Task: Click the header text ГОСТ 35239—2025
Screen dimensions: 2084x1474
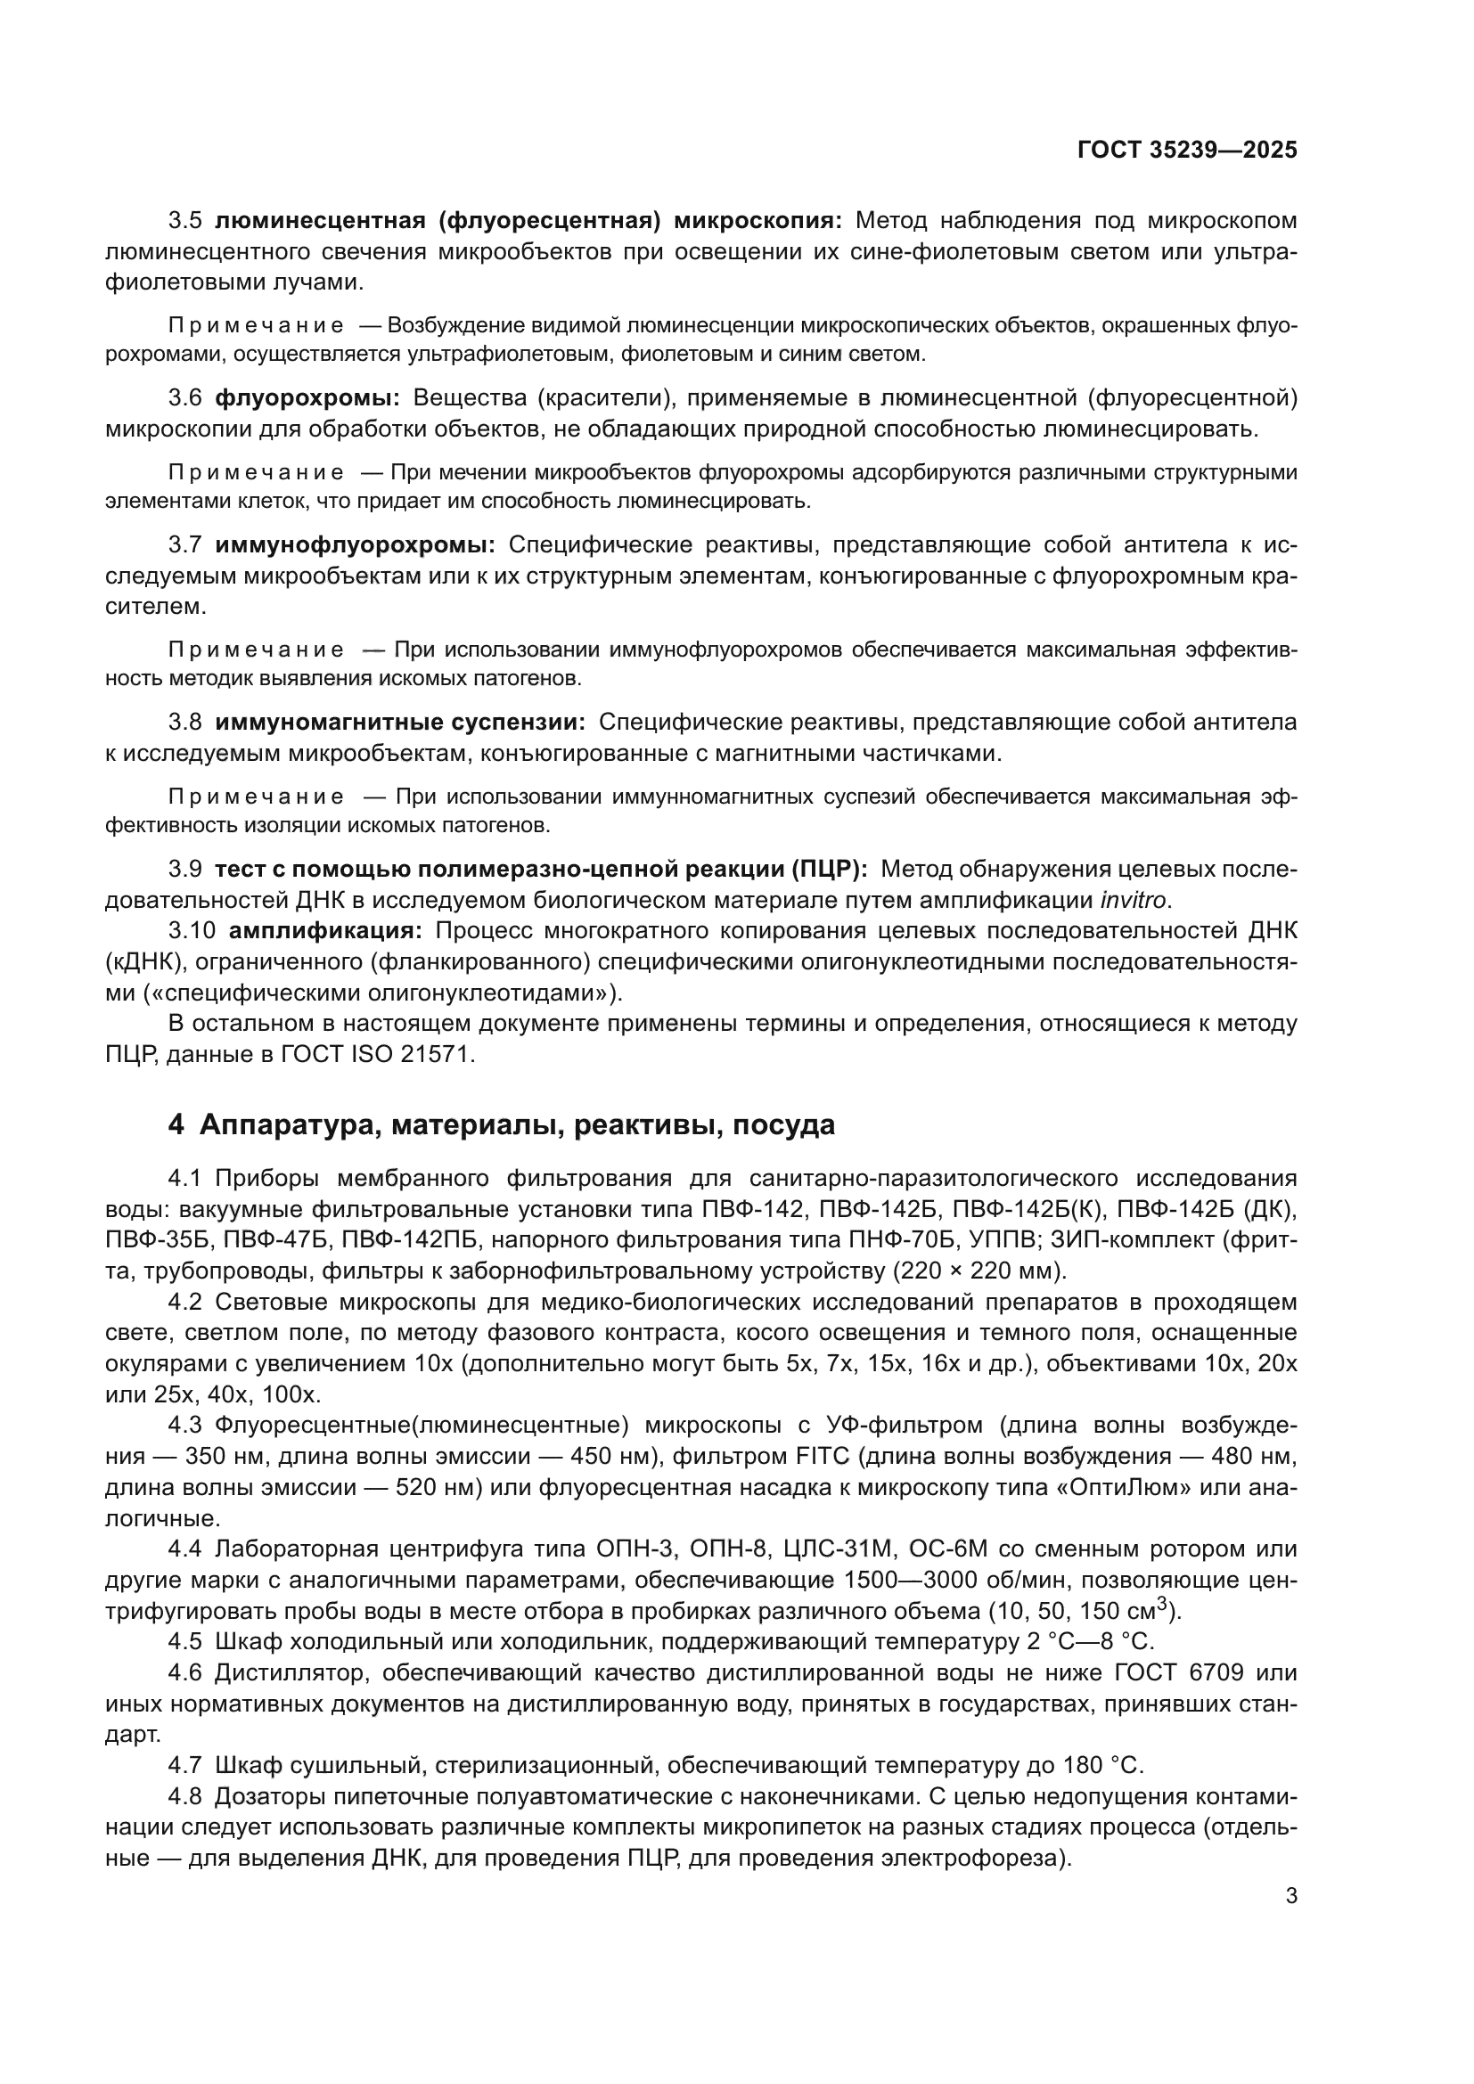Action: [x=1187, y=150]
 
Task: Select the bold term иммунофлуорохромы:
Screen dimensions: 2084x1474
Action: [x=355, y=544]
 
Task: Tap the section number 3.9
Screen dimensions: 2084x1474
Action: [x=185, y=870]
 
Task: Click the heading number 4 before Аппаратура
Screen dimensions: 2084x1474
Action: [x=176, y=1124]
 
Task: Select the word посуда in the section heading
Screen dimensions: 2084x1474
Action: [x=783, y=1124]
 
